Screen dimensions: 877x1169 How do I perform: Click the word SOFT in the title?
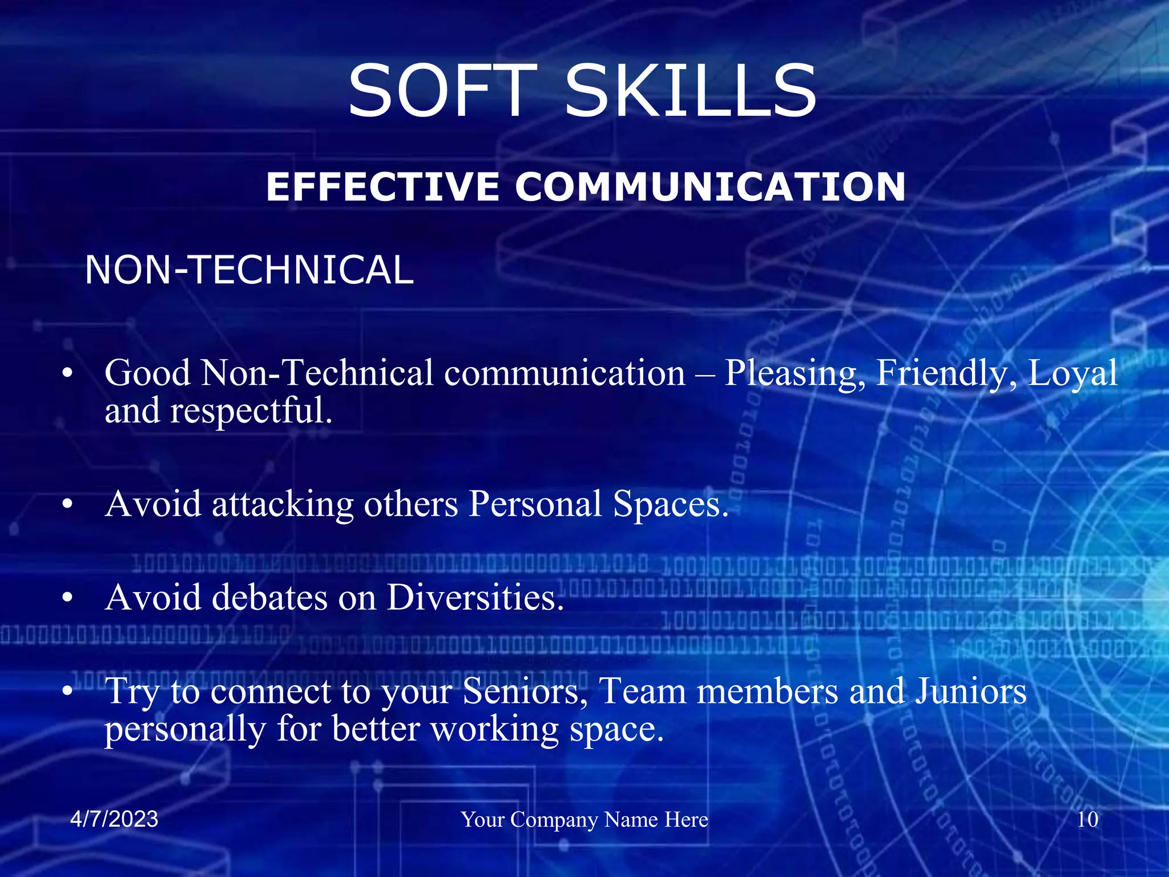pyautogui.click(x=443, y=91)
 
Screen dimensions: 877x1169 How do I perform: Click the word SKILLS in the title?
pyautogui.click(x=691, y=91)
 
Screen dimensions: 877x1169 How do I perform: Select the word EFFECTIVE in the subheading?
pyautogui.click(x=382, y=187)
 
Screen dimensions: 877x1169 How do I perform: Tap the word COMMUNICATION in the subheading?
pyautogui.click(x=711, y=187)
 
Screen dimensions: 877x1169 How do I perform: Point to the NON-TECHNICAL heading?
pyautogui.click(x=249, y=270)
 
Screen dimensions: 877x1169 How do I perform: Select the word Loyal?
pyautogui.click(x=1072, y=373)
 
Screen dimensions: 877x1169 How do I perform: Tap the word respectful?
pyautogui.click(x=251, y=411)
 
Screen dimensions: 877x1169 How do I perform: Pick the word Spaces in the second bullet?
pyautogui.click(x=671, y=505)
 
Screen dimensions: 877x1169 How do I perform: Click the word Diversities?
pyautogui.click(x=475, y=598)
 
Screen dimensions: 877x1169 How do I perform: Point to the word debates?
pyautogui.click(x=269, y=598)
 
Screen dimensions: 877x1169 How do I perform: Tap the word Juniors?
pyautogui.click(x=972, y=691)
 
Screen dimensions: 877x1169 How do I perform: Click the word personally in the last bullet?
pyautogui.click(x=185, y=730)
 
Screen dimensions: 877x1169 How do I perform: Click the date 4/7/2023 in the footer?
pyautogui.click(x=114, y=819)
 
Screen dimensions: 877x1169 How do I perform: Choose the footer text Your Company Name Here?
pyautogui.click(x=584, y=820)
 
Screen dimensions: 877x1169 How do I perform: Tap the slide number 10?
pyautogui.click(x=1087, y=819)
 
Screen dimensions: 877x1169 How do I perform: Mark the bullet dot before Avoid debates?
pyautogui.click(x=68, y=598)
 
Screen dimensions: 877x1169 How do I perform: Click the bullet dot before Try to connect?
pyautogui.click(x=68, y=691)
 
